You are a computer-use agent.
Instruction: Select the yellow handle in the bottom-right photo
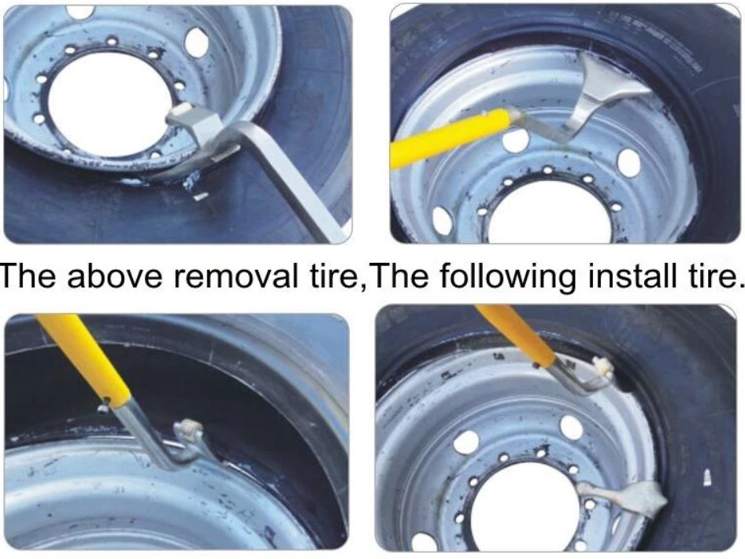click(x=516, y=335)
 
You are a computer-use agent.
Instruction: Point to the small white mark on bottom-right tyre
click(x=707, y=477)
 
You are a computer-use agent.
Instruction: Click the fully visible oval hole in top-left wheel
click(x=197, y=42)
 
